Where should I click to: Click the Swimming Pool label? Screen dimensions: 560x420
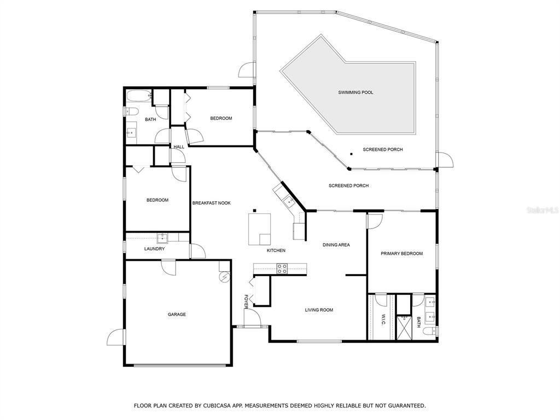355,92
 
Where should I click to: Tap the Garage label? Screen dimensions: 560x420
177,314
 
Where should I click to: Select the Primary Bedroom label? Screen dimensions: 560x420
402,254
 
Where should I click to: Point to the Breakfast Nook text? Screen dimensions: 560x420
212,203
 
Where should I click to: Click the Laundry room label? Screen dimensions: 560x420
154,249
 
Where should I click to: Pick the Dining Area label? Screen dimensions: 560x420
336,245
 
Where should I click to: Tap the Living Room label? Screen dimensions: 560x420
319,310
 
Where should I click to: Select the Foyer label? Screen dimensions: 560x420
246,302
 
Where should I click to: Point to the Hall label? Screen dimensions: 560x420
179,147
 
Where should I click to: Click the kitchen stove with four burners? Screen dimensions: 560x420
282,269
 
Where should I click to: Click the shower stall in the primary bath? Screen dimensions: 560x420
404,327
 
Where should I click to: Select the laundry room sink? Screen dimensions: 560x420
162,237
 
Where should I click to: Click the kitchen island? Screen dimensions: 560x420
260,229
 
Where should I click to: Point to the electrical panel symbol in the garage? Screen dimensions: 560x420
225,277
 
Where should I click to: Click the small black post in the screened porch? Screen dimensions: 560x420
352,154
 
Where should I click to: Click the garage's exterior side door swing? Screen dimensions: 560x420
116,337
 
